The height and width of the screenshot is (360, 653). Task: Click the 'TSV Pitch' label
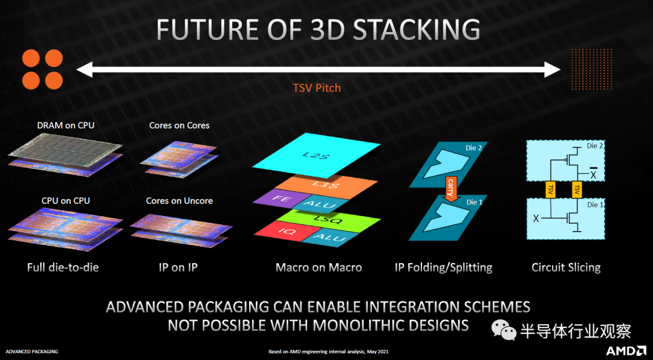click(317, 88)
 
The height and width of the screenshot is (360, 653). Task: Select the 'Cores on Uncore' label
click(180, 201)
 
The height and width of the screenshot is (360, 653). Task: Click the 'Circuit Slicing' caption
click(566, 267)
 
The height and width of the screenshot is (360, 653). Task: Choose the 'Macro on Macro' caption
click(319, 267)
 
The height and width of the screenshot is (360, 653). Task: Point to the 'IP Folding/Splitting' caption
click(444, 267)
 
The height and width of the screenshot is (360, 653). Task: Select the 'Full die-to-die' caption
click(63, 267)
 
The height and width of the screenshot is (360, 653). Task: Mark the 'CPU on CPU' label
click(66, 201)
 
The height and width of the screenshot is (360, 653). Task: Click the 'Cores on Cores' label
click(180, 125)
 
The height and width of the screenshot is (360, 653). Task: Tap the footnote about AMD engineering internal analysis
click(328, 352)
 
